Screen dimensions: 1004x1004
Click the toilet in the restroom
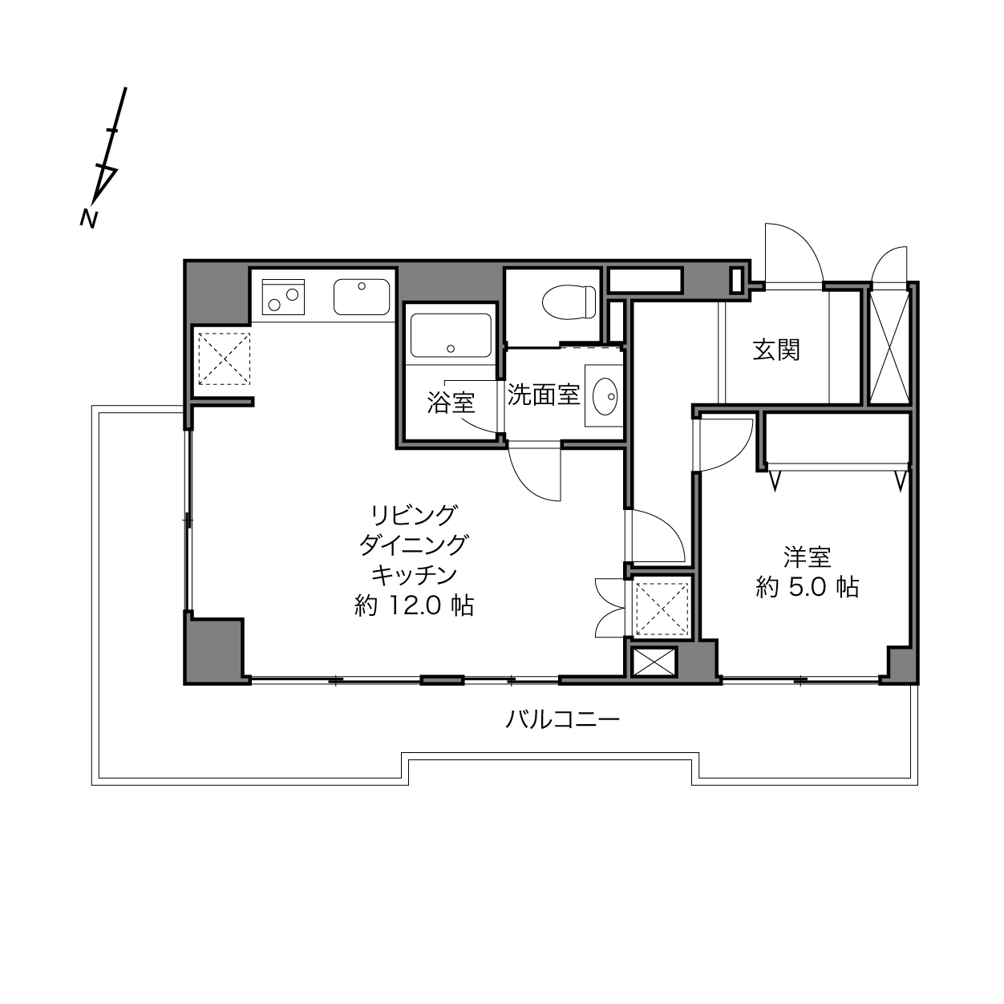point(569,302)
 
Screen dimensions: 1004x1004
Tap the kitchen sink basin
point(362,297)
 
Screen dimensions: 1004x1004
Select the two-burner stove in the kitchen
point(283,297)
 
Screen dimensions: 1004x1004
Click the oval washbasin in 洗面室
point(605,397)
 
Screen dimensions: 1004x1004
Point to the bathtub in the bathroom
point(451,335)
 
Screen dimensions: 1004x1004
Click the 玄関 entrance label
point(775,350)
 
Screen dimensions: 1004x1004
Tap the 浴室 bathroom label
point(451,403)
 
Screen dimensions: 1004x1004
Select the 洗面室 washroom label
point(544,395)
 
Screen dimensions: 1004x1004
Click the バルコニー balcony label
point(563,720)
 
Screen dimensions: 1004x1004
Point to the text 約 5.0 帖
point(807,588)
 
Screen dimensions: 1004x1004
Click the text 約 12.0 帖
point(415,606)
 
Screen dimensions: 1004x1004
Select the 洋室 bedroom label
point(807,557)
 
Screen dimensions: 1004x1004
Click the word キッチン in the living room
point(415,575)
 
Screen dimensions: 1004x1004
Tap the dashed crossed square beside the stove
point(224,359)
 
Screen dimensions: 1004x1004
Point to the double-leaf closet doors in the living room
point(610,608)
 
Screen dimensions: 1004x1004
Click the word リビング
point(415,516)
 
